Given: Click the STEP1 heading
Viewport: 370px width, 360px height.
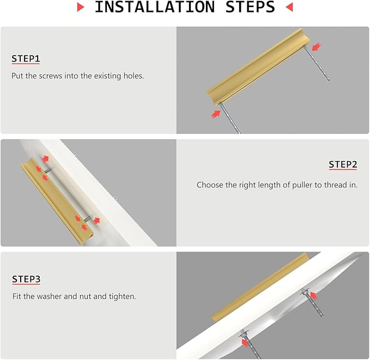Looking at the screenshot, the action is [26, 58].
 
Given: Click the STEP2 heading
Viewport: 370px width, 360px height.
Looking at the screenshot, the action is [343, 164].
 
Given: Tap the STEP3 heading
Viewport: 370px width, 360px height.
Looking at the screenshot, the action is [26, 279].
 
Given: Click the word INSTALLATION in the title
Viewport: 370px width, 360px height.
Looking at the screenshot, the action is [155, 7].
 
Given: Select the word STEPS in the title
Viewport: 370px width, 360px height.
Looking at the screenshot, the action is [250, 7].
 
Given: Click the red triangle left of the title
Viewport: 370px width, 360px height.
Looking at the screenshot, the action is [81, 7].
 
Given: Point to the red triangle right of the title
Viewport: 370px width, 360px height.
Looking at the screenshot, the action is [289, 7].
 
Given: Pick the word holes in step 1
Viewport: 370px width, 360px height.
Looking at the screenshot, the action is [134, 76].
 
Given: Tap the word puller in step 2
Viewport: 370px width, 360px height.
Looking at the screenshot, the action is [302, 185].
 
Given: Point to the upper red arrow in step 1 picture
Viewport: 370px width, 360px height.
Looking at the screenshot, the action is [316, 47].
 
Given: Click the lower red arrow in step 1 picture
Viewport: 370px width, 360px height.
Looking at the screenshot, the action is [215, 114].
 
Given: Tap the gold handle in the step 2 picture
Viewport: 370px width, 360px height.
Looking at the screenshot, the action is [57, 200].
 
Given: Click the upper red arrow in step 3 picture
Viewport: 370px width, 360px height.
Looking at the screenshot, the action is [313, 296].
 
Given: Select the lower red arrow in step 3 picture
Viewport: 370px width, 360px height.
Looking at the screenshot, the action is [245, 343].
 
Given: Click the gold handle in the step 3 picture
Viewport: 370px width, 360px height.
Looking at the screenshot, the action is [259, 286].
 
